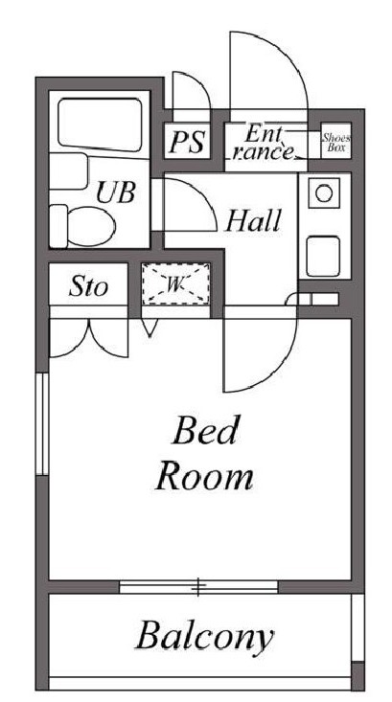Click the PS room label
click(188, 143)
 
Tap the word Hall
click(253, 222)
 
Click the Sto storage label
click(89, 286)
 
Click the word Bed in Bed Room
click(204, 433)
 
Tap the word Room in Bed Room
click(204, 475)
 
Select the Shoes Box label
click(336, 143)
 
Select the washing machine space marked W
click(176, 284)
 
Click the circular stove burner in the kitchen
click(324, 193)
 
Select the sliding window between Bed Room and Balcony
click(198, 584)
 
